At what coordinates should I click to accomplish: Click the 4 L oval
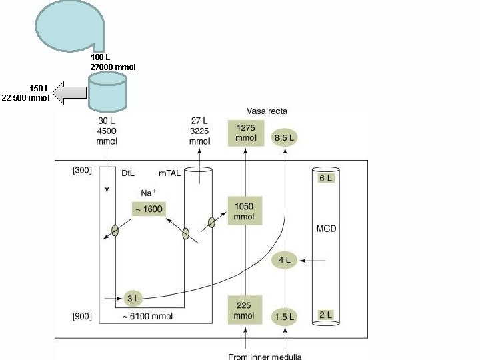pos(285,260)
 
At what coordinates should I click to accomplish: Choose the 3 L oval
pos(133,297)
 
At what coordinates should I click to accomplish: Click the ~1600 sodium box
pos(148,209)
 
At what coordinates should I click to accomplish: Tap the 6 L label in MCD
pos(326,178)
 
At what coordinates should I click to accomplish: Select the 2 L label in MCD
pos(325,315)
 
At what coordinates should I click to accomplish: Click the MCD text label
pos(326,229)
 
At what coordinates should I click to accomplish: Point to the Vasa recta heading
pos(267,111)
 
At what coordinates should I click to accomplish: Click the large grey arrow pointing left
pos(69,93)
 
